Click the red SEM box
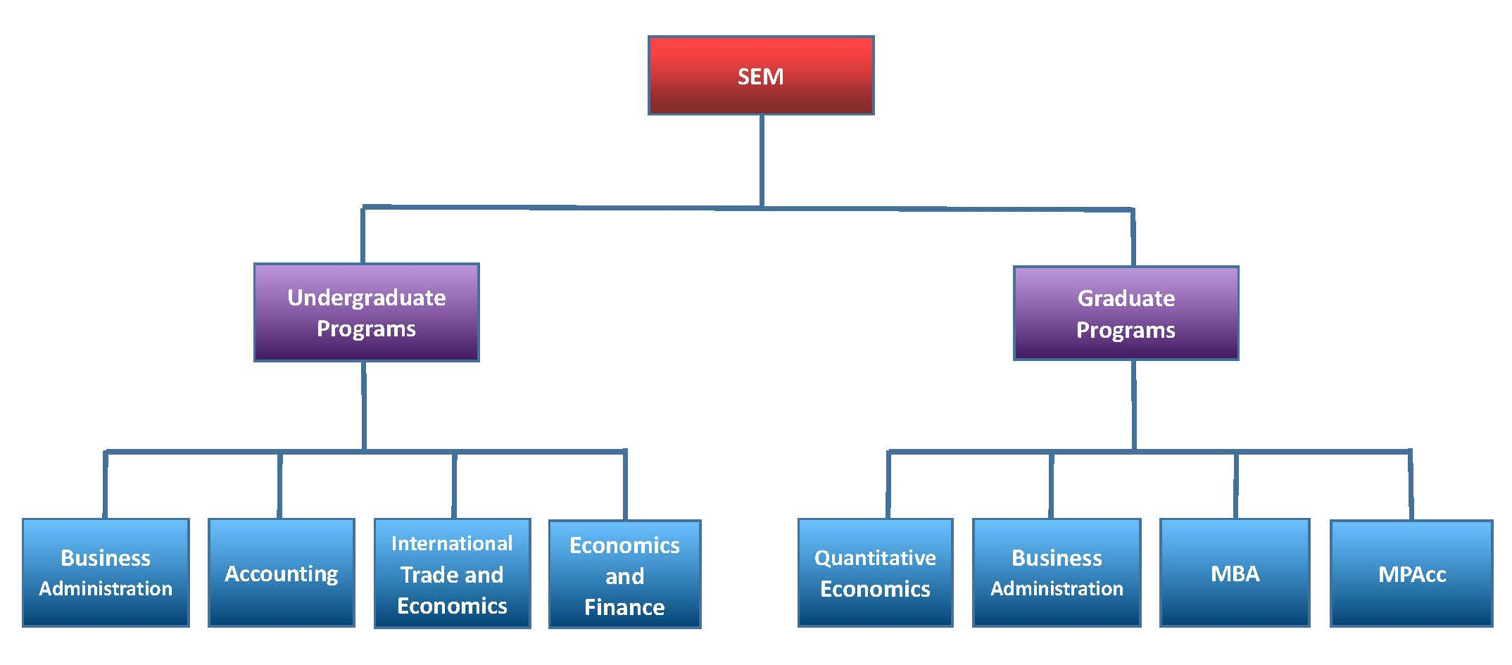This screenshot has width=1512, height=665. [760, 75]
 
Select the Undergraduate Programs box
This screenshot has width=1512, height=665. [366, 312]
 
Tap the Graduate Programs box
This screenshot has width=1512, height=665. [1126, 313]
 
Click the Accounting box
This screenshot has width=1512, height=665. [281, 573]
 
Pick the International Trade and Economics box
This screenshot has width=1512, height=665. [452, 574]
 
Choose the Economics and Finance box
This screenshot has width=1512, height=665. [624, 574]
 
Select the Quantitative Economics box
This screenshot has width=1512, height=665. [875, 573]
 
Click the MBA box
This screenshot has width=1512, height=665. [1235, 573]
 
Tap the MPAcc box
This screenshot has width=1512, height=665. [1411, 573]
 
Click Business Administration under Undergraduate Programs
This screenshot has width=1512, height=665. [106, 573]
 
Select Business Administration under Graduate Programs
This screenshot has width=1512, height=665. [1057, 573]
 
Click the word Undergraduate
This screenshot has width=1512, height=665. [366, 298]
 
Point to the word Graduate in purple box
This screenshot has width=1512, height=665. [1126, 298]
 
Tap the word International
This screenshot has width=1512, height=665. [452, 543]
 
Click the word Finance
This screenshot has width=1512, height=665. [624, 607]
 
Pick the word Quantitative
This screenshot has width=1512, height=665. [875, 558]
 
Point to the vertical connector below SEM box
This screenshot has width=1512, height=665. [762, 160]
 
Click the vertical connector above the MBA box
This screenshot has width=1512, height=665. [1236, 486]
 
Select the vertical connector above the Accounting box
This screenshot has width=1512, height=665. [279, 486]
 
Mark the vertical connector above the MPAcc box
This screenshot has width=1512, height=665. [1410, 486]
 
